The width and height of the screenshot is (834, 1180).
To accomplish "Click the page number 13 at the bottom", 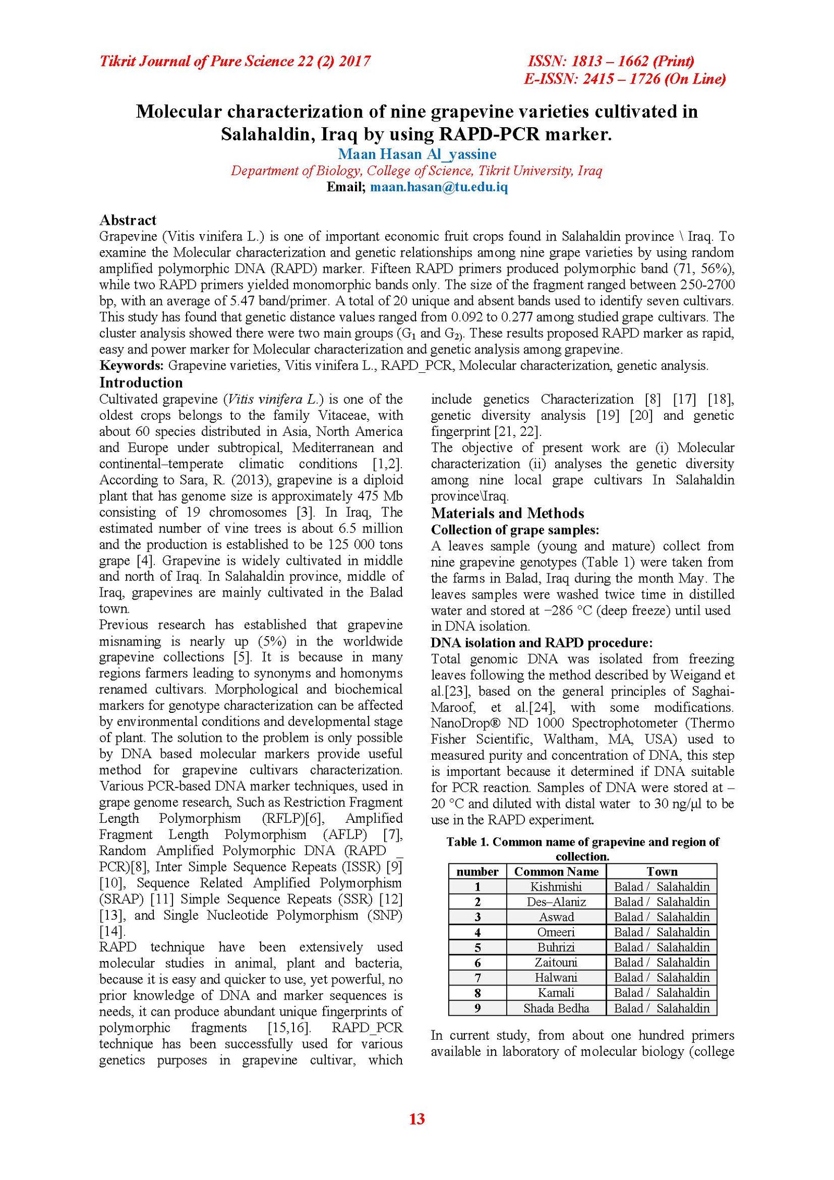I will (416, 1118).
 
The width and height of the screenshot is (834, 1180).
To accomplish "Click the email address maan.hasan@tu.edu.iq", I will (438, 187).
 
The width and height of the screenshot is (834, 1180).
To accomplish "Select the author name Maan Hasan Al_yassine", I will (416, 154).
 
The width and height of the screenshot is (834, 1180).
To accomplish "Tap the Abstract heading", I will (128, 220).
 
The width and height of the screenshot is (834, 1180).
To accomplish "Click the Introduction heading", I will (141, 382).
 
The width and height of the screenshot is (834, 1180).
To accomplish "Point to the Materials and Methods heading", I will (507, 513).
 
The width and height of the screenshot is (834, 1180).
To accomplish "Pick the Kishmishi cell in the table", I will (556, 886).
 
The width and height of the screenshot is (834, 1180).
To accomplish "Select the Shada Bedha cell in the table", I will (556, 1008).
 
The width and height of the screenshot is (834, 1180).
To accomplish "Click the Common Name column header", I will (556, 871).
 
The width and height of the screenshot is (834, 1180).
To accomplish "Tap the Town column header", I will (661, 871).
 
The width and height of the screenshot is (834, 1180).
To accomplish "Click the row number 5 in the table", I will (477, 947).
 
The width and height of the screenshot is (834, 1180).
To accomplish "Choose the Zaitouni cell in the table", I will (556, 963).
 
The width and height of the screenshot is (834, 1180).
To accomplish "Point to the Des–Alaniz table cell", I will (556, 902).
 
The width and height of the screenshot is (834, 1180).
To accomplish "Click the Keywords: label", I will (131, 365).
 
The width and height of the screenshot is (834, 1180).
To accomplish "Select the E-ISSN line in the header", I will (624, 79).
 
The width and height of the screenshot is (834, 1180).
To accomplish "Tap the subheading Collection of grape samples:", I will (514, 529).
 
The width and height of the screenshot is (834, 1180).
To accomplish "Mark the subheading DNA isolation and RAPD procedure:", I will (541, 642).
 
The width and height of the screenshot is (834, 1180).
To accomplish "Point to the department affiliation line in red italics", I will (416, 171).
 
